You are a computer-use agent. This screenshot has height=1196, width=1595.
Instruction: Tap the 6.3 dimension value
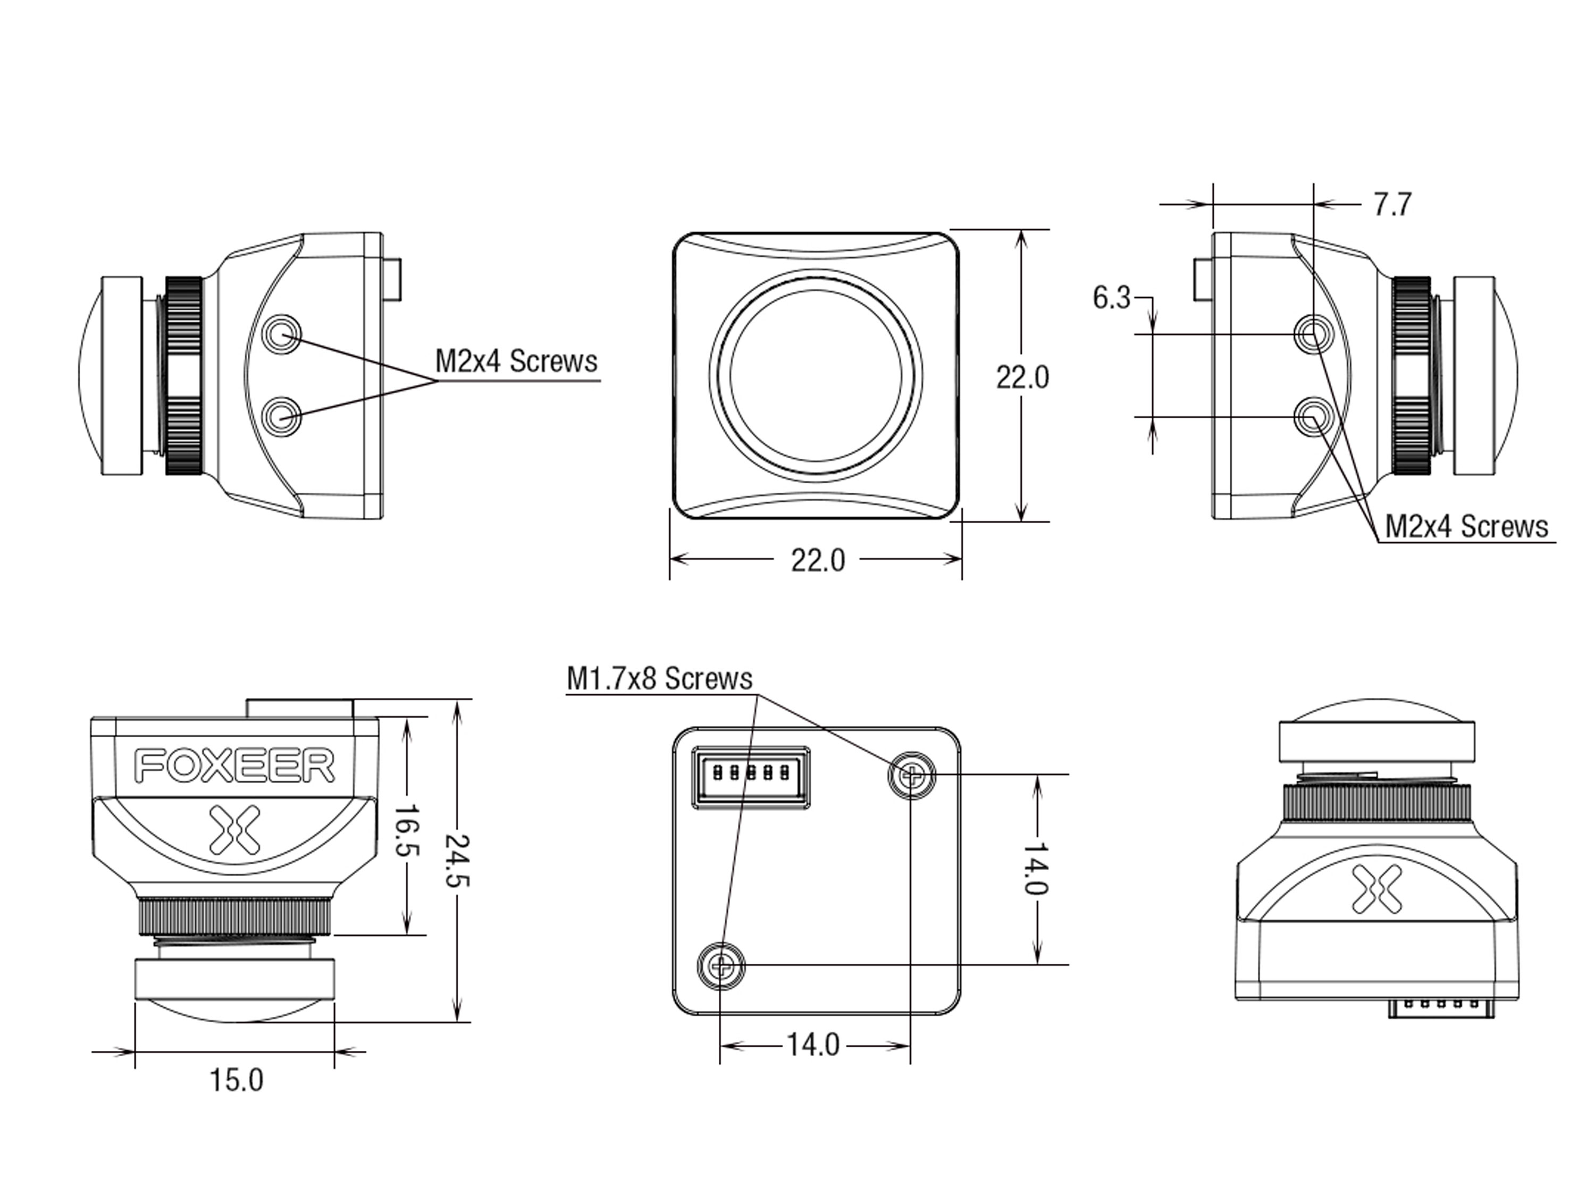click(x=1111, y=298)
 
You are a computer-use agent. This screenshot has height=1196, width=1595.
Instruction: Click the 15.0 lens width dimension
click(x=237, y=1081)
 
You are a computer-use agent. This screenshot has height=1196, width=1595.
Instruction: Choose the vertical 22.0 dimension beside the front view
click(x=1022, y=377)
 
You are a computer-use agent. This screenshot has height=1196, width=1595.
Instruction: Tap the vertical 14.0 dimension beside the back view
click(x=1036, y=868)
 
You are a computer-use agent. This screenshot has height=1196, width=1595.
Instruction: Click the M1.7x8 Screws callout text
click(x=659, y=678)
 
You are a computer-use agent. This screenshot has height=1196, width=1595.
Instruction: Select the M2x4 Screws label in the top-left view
click(x=516, y=361)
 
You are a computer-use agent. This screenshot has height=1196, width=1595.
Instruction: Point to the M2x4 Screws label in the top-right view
click(x=1466, y=526)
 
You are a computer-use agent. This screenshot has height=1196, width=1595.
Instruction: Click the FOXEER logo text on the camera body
click(x=234, y=765)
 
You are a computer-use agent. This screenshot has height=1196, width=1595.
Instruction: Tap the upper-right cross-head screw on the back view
click(x=911, y=776)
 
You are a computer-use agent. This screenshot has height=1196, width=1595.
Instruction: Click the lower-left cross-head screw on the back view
click(x=720, y=965)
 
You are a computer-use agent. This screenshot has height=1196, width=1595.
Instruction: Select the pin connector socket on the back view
click(x=750, y=777)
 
